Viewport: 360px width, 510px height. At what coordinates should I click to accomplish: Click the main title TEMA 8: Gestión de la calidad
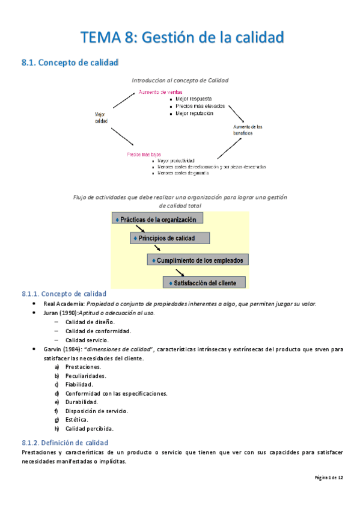182,37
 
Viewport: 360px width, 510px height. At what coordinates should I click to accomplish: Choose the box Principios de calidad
170,238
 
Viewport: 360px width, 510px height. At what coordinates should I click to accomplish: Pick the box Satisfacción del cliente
205,282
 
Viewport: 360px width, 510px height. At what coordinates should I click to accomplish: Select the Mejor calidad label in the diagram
101,117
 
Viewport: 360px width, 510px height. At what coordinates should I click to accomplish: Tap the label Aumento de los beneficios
248,130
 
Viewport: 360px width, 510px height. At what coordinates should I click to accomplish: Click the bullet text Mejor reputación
194,113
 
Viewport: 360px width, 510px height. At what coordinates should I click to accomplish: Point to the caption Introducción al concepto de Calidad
180,80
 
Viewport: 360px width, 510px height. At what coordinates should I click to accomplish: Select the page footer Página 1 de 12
329,478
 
